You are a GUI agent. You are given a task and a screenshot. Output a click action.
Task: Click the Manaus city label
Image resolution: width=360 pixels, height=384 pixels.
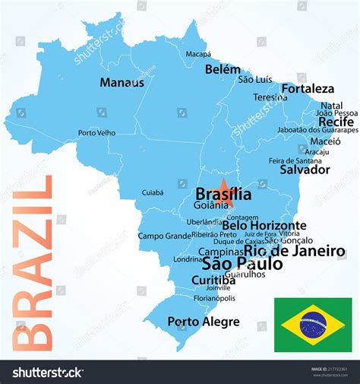click(x=122, y=82)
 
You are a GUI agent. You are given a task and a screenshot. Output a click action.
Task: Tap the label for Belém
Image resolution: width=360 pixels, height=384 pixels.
click(x=223, y=69)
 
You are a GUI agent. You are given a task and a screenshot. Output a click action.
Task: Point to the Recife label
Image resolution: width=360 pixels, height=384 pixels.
click(x=336, y=122)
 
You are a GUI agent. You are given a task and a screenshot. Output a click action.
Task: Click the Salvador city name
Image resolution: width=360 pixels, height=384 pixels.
click(x=305, y=170)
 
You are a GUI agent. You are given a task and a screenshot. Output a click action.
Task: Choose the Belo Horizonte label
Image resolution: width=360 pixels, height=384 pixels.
click(x=264, y=225)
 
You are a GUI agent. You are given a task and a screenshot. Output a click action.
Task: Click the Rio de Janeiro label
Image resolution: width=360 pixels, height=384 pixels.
click(x=294, y=251)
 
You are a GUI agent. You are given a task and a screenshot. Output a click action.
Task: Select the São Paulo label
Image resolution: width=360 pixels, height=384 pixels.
click(x=242, y=264)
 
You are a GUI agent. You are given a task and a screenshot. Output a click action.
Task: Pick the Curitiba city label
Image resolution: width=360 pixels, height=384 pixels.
click(x=208, y=281)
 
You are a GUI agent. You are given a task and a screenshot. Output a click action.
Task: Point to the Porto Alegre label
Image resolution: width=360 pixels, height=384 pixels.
click(x=203, y=322)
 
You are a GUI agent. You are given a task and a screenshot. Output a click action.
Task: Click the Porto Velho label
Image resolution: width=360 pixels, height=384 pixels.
click(x=96, y=133)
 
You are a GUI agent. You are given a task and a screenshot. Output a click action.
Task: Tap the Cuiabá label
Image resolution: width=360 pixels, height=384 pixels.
click(x=153, y=193)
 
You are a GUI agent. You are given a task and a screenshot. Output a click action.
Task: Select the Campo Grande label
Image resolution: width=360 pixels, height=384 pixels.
click(x=164, y=236)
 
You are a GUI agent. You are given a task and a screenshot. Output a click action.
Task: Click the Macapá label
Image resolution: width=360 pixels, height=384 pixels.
click(x=198, y=54)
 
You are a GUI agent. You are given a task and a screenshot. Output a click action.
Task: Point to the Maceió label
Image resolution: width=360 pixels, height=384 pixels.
click(x=325, y=141)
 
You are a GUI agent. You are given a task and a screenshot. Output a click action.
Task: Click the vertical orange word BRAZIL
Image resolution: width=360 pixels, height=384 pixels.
click(x=33, y=262)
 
